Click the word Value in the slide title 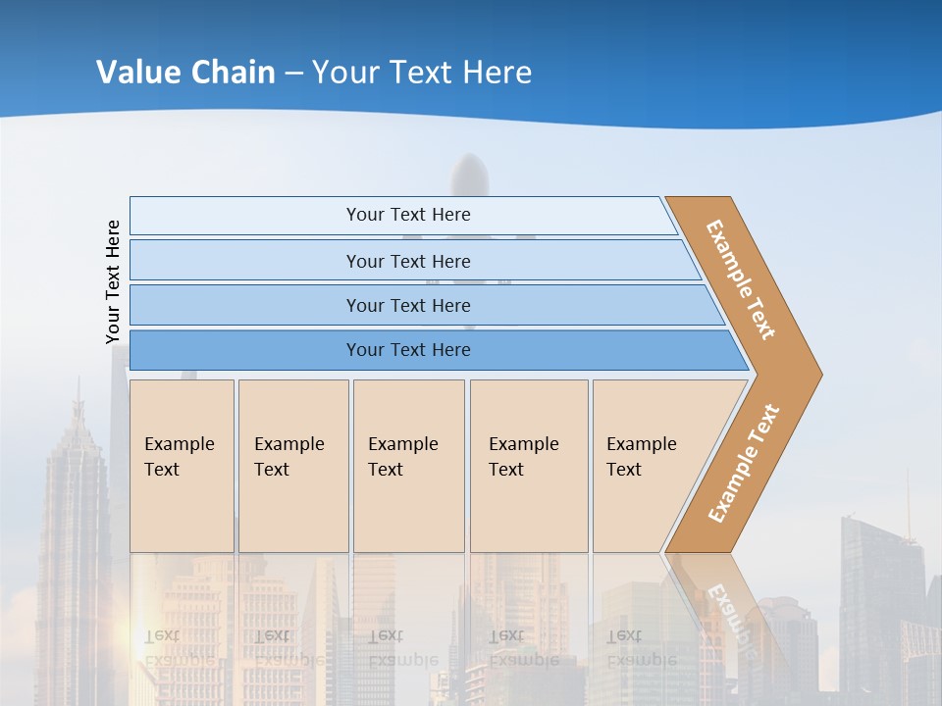(x=136, y=73)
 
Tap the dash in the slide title (x=293, y=74)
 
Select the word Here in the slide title (x=497, y=73)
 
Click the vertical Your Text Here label (x=113, y=281)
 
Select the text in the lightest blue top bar (x=408, y=215)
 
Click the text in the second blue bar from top (x=408, y=262)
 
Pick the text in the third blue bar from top (x=408, y=306)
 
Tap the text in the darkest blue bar (x=408, y=350)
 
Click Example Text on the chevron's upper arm (x=741, y=279)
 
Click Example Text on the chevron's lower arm (x=743, y=464)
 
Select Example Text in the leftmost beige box (x=180, y=457)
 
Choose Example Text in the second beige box (x=289, y=457)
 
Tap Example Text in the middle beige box (x=403, y=457)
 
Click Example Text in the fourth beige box (x=524, y=457)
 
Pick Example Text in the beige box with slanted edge (x=642, y=457)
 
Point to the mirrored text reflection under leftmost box (x=180, y=647)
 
